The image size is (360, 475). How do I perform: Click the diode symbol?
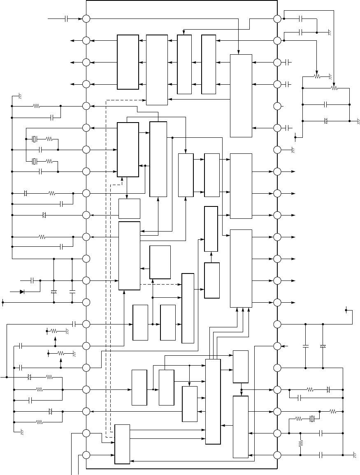pos(22,292)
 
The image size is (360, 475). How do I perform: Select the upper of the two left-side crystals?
pos(35,139)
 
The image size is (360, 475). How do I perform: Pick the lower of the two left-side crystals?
pos(35,161)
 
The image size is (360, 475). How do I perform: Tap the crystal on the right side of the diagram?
pos(312,419)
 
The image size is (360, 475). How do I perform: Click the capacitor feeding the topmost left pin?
pos(66,19)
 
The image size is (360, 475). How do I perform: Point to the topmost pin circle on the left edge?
pos(86,19)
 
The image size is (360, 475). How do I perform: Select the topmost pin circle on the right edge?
pos(277,19)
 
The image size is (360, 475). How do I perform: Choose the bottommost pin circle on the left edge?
pos(86,455)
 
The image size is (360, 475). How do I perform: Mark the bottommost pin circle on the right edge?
pos(277,455)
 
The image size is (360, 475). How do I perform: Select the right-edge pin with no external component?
pos(277,106)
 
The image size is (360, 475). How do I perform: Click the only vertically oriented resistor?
pos(300,444)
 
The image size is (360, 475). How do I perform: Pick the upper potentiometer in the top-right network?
pos(317,76)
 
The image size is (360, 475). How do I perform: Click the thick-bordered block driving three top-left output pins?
pos(128,62)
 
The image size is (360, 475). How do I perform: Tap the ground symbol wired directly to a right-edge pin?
pos(293,151)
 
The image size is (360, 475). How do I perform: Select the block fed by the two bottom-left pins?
pos(122,444)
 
